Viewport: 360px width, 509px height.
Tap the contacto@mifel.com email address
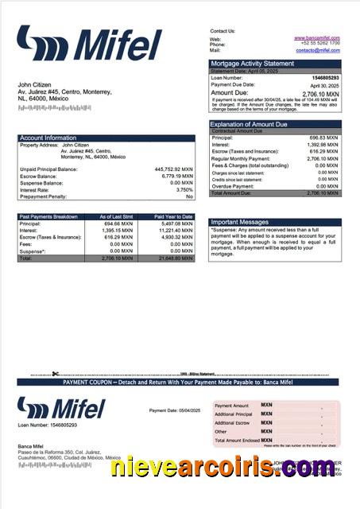coord(318,50)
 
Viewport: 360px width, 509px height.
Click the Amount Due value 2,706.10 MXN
coord(321,93)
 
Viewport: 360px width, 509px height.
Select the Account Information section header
coord(48,138)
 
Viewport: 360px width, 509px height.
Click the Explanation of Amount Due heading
coord(249,124)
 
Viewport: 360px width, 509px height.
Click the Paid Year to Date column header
coord(173,216)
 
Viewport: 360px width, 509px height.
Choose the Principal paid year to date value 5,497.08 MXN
coord(176,223)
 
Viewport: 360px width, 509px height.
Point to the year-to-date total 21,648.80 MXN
coord(176,258)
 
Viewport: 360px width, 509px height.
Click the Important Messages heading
coord(242,223)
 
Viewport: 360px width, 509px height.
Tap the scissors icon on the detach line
coord(56,374)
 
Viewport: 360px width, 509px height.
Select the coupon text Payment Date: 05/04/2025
coord(175,410)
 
